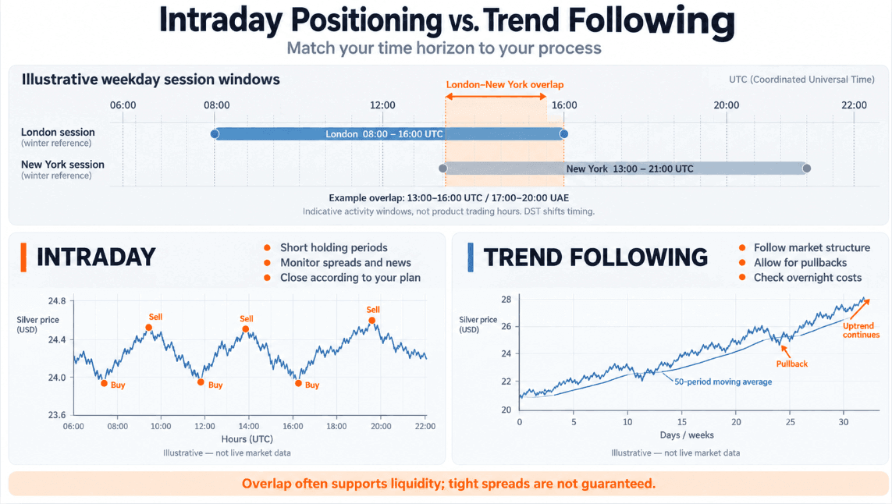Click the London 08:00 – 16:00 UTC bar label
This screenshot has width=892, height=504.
pyautogui.click(x=384, y=134)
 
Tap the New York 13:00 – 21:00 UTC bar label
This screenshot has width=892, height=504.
pyautogui.click(x=630, y=169)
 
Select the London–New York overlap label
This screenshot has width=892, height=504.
pyautogui.click(x=505, y=85)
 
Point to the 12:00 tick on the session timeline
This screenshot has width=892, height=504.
pyautogui.click(x=382, y=105)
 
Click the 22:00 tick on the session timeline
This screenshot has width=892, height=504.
pyautogui.click(x=854, y=105)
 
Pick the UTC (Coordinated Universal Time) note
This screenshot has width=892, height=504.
pyautogui.click(x=801, y=80)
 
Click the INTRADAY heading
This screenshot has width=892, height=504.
pyautogui.click(x=96, y=257)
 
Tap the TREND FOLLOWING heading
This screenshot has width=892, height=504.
pyautogui.click(x=595, y=257)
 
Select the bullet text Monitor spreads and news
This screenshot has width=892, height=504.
pyautogui.click(x=345, y=263)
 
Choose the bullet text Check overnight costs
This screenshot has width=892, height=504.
pyautogui.click(x=807, y=278)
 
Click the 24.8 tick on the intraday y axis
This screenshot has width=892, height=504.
pyautogui.click(x=57, y=301)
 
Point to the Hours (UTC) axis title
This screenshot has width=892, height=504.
pyautogui.click(x=247, y=439)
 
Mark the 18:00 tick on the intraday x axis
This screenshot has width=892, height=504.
pyautogui.click(x=337, y=426)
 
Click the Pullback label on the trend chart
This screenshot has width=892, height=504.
pyautogui.click(x=792, y=364)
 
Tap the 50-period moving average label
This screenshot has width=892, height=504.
pyautogui.click(x=723, y=382)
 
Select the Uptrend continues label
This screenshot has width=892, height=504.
pyautogui.click(x=861, y=331)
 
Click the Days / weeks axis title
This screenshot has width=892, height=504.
pyautogui.click(x=687, y=435)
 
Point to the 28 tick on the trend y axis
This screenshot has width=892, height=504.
pyautogui.click(x=506, y=300)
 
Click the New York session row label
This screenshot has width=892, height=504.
pyautogui.click(x=62, y=165)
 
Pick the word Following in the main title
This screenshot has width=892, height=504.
pyautogui.click(x=652, y=21)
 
